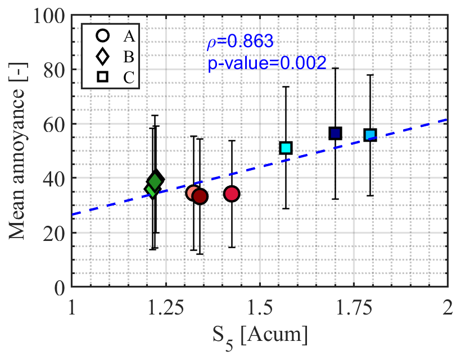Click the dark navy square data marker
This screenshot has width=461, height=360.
(x=336, y=133)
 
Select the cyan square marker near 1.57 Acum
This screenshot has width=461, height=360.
(x=286, y=148)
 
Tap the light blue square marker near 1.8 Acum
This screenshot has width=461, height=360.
(x=370, y=135)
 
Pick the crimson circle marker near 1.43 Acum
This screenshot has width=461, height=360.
(x=232, y=194)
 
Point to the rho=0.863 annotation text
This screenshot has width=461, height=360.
(x=238, y=42)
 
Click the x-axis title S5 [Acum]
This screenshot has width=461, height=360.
(x=260, y=336)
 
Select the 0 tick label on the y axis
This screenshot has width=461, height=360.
(x=61, y=287)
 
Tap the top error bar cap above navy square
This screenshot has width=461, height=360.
(x=336, y=68)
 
